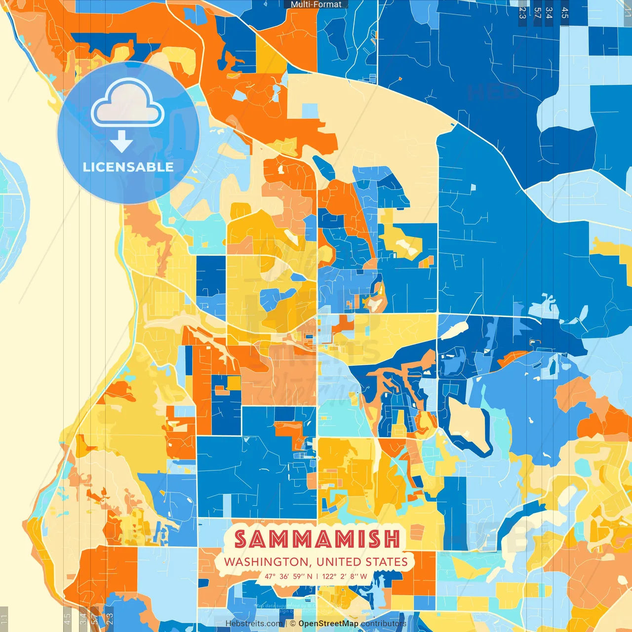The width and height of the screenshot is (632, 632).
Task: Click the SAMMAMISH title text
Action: pyautogui.click(x=316, y=539)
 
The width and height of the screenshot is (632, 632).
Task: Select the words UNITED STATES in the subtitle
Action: pyautogui.click(x=362, y=562)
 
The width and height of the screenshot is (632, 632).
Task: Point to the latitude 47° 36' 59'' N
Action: pyautogui.click(x=288, y=576)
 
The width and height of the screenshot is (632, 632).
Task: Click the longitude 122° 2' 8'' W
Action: pyautogui.click(x=345, y=576)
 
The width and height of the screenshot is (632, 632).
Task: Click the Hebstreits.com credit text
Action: pyautogui.click(x=254, y=624)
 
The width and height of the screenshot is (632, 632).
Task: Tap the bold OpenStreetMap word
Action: pyautogui.click(x=328, y=624)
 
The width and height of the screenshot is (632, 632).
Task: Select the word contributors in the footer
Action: pyautogui.click(x=384, y=624)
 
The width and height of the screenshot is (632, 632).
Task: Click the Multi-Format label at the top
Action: pyautogui.click(x=316, y=4)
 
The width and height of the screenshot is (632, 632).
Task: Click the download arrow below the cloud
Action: pyautogui.click(x=121, y=141)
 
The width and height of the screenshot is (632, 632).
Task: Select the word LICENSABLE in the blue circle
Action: pyautogui.click(x=128, y=167)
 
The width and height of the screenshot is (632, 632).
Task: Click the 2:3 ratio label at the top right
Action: pyautogui.click(x=522, y=13)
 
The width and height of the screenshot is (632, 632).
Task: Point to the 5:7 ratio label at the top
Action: pyautogui.click(x=537, y=13)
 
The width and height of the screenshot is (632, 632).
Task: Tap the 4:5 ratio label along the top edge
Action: pyautogui.click(x=565, y=13)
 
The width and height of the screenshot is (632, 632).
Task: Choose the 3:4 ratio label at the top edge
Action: pyautogui.click(x=549, y=13)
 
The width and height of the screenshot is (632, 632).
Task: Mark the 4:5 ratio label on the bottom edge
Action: pyautogui.click(x=67, y=618)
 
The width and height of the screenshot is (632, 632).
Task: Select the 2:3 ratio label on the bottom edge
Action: pyautogui.click(x=110, y=618)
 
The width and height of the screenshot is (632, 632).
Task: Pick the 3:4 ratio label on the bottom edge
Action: pyautogui.click(x=83, y=618)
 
